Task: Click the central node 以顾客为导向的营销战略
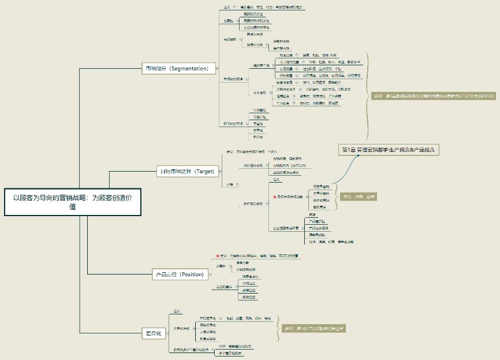pos(73,202)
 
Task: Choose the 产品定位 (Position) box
pos(180,274)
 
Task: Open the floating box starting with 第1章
pos(390,150)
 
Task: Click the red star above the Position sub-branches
pos(217,255)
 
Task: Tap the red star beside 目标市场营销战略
pos(274,197)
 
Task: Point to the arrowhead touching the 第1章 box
pos(349,156)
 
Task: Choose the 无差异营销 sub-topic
pos(321,187)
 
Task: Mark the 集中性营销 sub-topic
pos(321,200)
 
